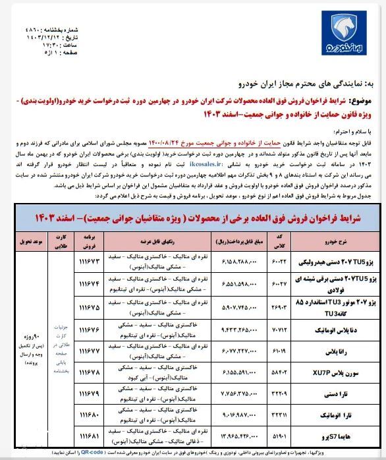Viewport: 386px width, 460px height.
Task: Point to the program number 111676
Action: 91,329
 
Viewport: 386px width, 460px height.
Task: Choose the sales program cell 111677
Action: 91,351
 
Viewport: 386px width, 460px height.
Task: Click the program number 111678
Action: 91,372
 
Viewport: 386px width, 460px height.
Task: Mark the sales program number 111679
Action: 91,394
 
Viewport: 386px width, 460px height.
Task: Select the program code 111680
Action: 91,416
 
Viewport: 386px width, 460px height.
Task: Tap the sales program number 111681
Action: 91,438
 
